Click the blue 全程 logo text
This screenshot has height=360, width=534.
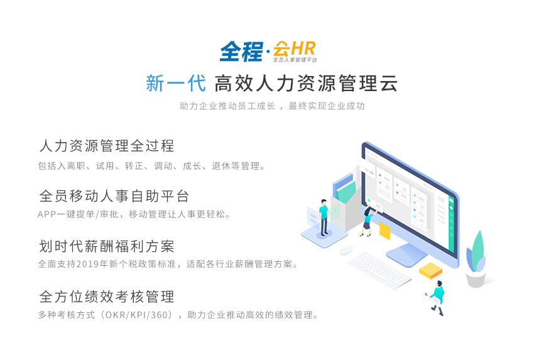point(241,52)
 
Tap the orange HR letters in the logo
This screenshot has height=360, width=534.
point(303,48)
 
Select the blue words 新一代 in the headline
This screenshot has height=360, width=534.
point(176,84)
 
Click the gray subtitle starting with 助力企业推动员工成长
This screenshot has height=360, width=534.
point(272,106)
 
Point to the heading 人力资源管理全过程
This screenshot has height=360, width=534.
point(107,146)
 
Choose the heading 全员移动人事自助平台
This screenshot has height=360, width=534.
point(114,196)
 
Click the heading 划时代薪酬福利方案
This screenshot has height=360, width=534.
point(107,246)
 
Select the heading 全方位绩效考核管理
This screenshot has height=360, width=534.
point(107,297)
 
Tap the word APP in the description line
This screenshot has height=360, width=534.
point(46,214)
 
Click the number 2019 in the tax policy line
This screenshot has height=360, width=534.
point(87,264)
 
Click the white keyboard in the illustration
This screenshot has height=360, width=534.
point(379,270)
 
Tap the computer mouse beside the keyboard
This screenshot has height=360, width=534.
point(346,249)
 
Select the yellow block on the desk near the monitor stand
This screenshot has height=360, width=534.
point(430,270)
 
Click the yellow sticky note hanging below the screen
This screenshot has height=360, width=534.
point(385,231)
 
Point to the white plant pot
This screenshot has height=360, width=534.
point(476,279)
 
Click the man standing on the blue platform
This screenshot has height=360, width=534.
point(324,217)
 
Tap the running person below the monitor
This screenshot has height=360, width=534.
point(437,297)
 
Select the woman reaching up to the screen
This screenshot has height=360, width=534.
point(368,221)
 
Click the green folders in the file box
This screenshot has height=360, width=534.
point(346,192)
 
